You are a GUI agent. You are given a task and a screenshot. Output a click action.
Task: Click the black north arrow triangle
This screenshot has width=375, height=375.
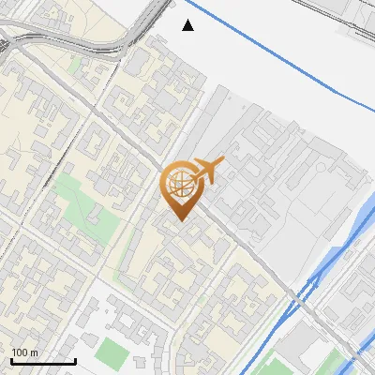[x=188, y=25]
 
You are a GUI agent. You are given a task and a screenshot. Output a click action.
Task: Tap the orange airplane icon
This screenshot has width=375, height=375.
[x=207, y=170]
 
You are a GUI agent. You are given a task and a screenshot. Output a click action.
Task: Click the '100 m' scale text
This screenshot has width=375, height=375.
[x=24, y=352]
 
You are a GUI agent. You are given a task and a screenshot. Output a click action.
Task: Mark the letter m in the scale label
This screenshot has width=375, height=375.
[x=35, y=352]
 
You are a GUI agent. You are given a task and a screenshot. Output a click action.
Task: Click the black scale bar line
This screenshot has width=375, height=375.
[x=43, y=361]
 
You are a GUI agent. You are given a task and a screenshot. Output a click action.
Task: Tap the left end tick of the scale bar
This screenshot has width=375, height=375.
[x=11, y=359]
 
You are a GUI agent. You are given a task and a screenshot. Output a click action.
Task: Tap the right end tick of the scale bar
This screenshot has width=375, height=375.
[x=75, y=359]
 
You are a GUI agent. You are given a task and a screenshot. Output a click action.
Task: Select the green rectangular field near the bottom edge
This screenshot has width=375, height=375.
[x=112, y=352]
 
